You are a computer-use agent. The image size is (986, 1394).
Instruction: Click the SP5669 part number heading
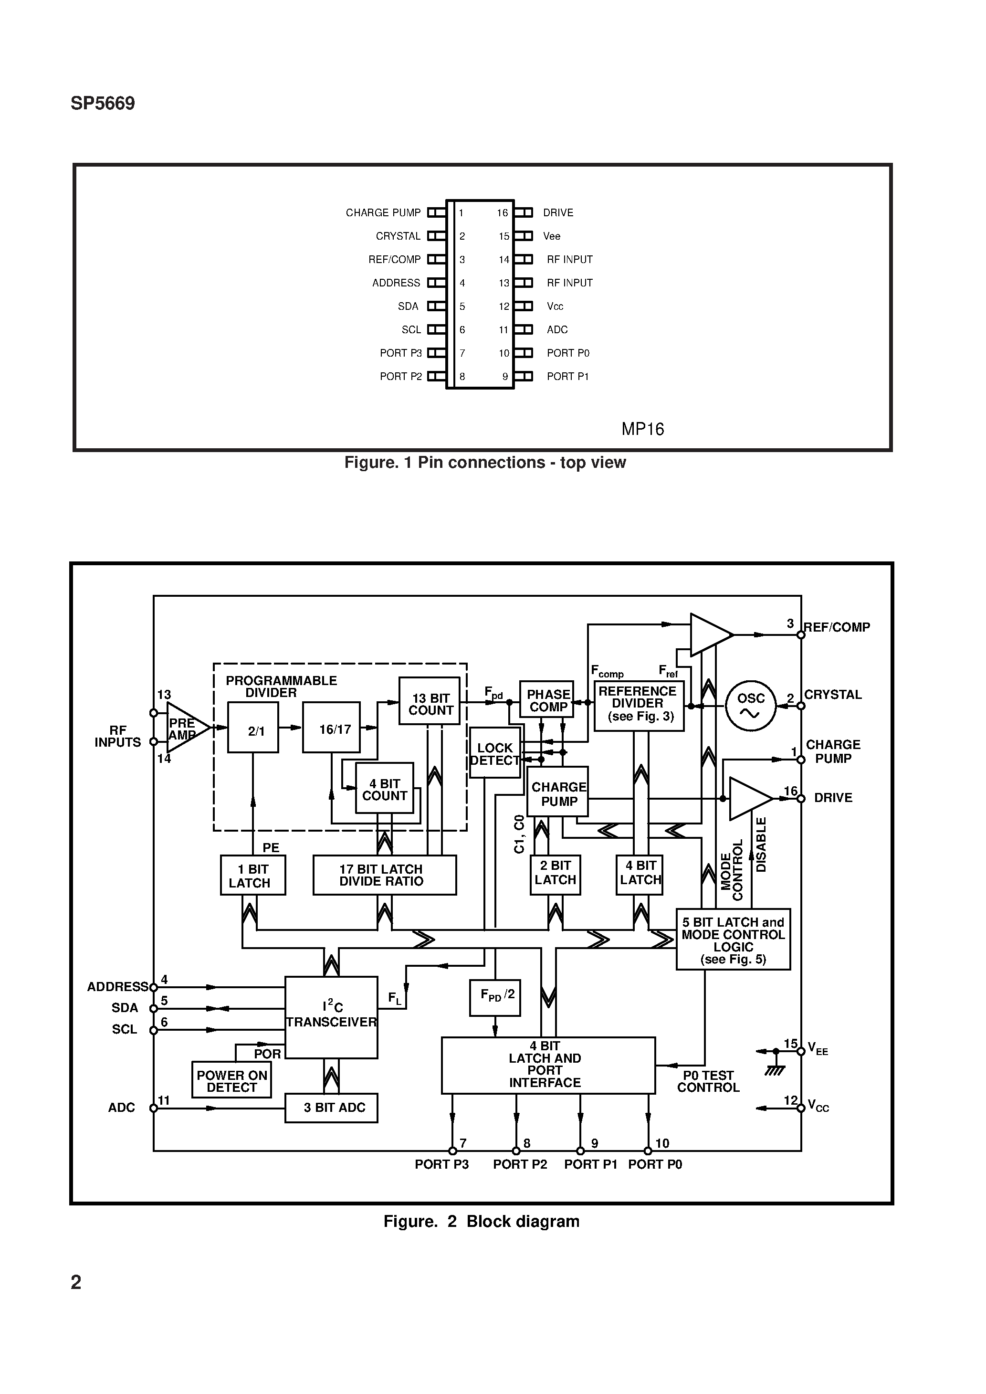[103, 104]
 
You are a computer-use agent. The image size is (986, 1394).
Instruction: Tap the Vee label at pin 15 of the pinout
[551, 236]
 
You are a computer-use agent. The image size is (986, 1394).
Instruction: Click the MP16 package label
[642, 429]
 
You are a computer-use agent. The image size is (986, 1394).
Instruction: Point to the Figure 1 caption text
[484, 463]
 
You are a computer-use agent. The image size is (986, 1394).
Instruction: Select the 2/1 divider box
[253, 728]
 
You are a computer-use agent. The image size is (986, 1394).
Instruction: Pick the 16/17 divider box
[332, 728]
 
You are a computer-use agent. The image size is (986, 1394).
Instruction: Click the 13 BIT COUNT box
[429, 701]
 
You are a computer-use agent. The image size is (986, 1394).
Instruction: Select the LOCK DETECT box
[494, 753]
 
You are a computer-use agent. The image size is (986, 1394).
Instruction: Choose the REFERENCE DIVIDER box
[638, 705]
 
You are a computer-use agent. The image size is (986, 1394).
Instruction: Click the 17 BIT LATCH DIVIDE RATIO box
[384, 875]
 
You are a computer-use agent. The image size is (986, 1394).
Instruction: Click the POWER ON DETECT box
[231, 1079]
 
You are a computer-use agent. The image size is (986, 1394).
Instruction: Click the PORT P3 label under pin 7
[441, 1164]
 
